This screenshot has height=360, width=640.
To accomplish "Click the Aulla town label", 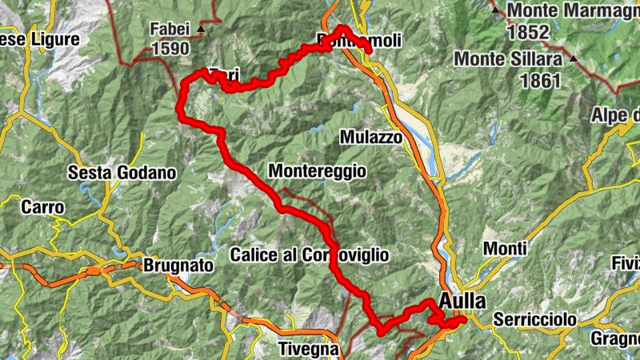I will tap(462, 302).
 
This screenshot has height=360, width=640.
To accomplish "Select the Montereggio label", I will tap(317, 170).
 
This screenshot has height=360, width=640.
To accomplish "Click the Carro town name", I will tap(42, 206).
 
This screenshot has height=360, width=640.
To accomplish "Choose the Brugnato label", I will tap(178, 265).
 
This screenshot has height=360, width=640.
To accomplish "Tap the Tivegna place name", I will tap(308, 349).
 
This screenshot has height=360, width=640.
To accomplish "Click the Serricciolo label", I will tap(534, 319).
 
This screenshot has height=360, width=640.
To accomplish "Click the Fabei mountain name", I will tap(170, 30).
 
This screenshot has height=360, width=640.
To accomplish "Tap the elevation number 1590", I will tap(170, 49).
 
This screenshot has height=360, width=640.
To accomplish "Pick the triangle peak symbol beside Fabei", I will tap(200, 29).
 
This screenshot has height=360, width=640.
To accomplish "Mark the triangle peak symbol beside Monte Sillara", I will tap(574, 58).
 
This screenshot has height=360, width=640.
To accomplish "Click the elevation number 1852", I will tap(528, 32).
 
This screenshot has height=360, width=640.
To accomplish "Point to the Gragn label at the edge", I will tap(615, 339).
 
